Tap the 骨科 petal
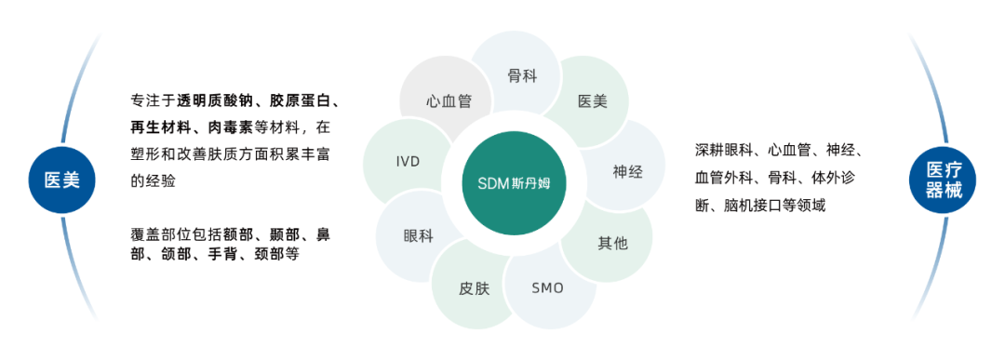(x=521, y=75)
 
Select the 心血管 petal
(x=449, y=100)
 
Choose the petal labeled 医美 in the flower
(x=592, y=100)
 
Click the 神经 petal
(x=627, y=171)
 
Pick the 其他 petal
(x=612, y=243)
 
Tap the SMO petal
(x=547, y=287)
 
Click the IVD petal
(x=408, y=162)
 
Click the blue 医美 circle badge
(x=62, y=180)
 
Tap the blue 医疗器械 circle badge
(x=943, y=180)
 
